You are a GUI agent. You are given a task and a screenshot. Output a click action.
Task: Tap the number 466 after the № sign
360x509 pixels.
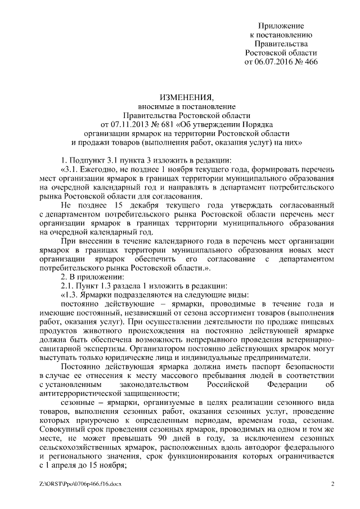coord(310,62)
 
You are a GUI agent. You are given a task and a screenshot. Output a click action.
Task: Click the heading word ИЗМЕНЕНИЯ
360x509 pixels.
coord(183,98)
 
